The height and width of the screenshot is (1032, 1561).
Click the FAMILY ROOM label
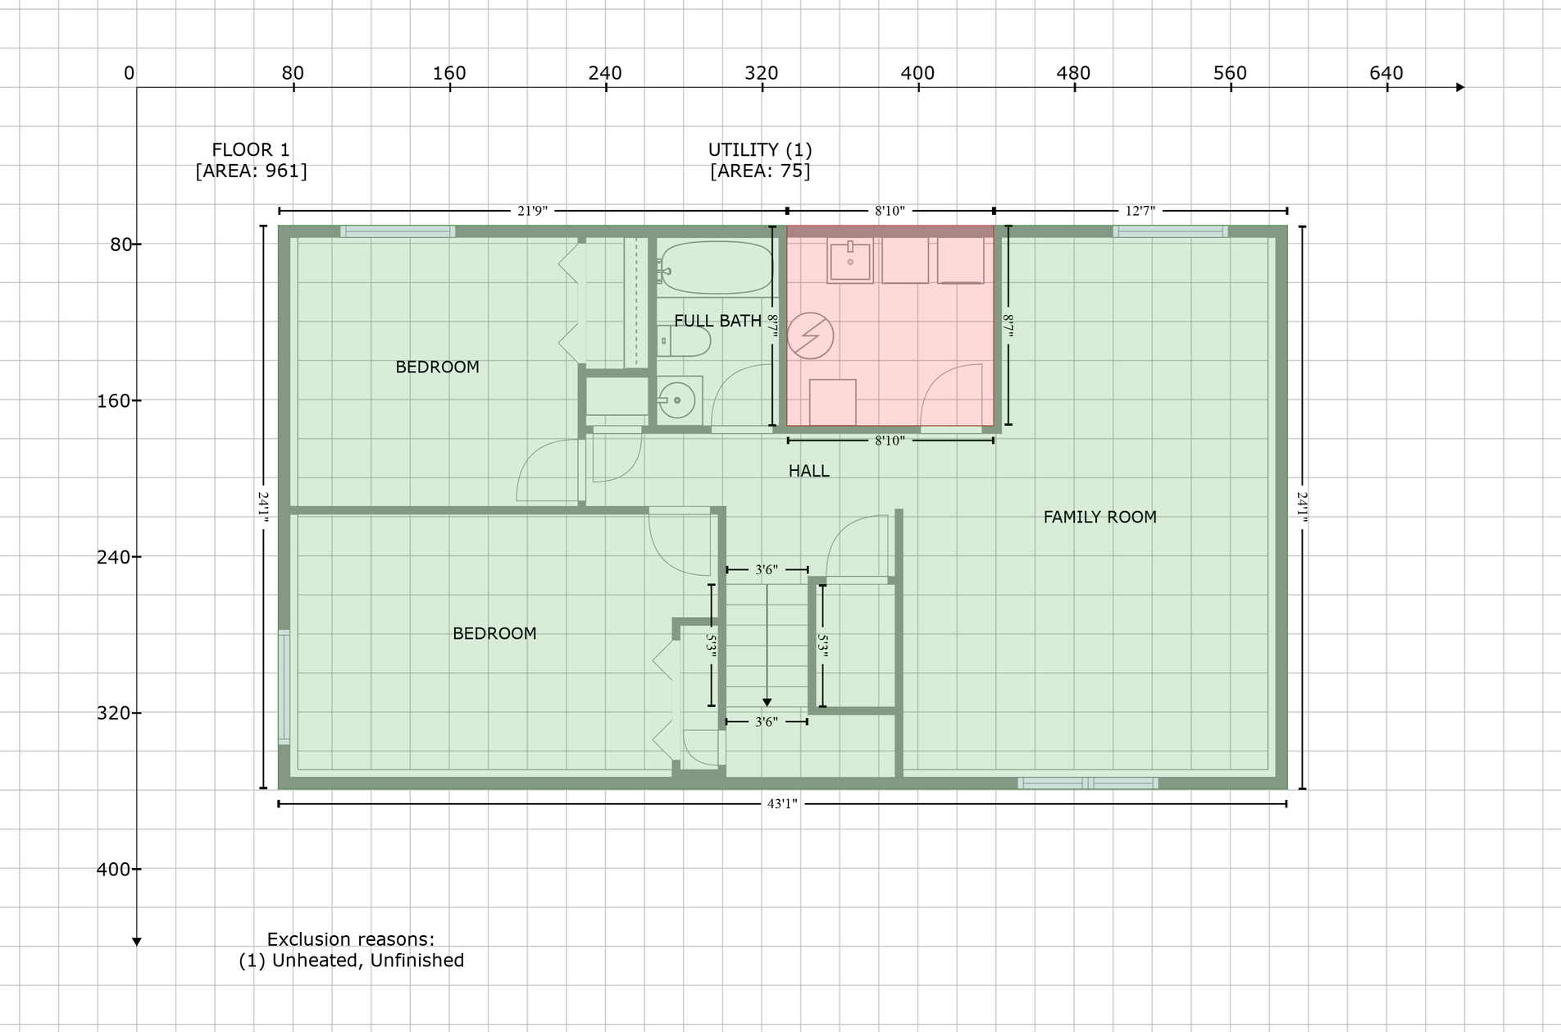tap(1099, 517)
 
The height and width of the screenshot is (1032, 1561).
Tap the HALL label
tap(808, 471)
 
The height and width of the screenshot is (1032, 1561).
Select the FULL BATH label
tap(717, 321)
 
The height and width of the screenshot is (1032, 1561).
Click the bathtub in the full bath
tap(715, 267)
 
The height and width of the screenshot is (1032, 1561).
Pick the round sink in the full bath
tap(678, 400)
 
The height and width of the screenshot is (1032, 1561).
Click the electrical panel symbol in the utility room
tap(810, 336)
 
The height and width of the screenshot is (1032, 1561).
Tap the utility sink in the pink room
tap(850, 260)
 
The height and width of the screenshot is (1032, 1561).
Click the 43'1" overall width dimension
tap(782, 804)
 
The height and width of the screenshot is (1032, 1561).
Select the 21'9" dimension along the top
tap(532, 211)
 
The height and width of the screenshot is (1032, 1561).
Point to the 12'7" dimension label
tap(1140, 211)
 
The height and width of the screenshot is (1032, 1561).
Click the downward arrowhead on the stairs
tap(767, 702)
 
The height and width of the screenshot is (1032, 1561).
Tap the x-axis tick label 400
tap(917, 73)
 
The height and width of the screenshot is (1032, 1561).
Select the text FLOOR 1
tap(251, 150)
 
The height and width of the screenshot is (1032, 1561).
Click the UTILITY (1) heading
tap(760, 150)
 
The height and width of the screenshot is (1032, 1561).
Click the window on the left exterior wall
tap(284, 687)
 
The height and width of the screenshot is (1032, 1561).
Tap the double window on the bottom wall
tap(1088, 783)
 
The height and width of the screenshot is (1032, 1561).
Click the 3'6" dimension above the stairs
tap(767, 569)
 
